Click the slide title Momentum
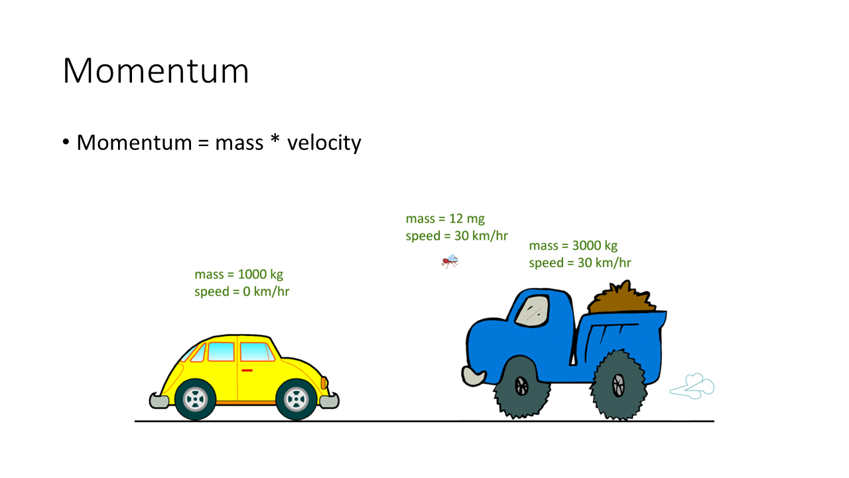[156, 70]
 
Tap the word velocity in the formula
[324, 143]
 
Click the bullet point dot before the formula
[66, 142]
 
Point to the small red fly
[450, 262]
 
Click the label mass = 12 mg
[445, 219]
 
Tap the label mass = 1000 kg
[239, 274]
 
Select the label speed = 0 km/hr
[242, 291]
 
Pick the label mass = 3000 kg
[573, 246]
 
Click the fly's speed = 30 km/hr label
[457, 236]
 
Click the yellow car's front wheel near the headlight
[296, 399]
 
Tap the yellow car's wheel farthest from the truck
[195, 399]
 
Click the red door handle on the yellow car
[247, 370]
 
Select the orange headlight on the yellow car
[324, 383]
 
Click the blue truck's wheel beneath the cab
[521, 387]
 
